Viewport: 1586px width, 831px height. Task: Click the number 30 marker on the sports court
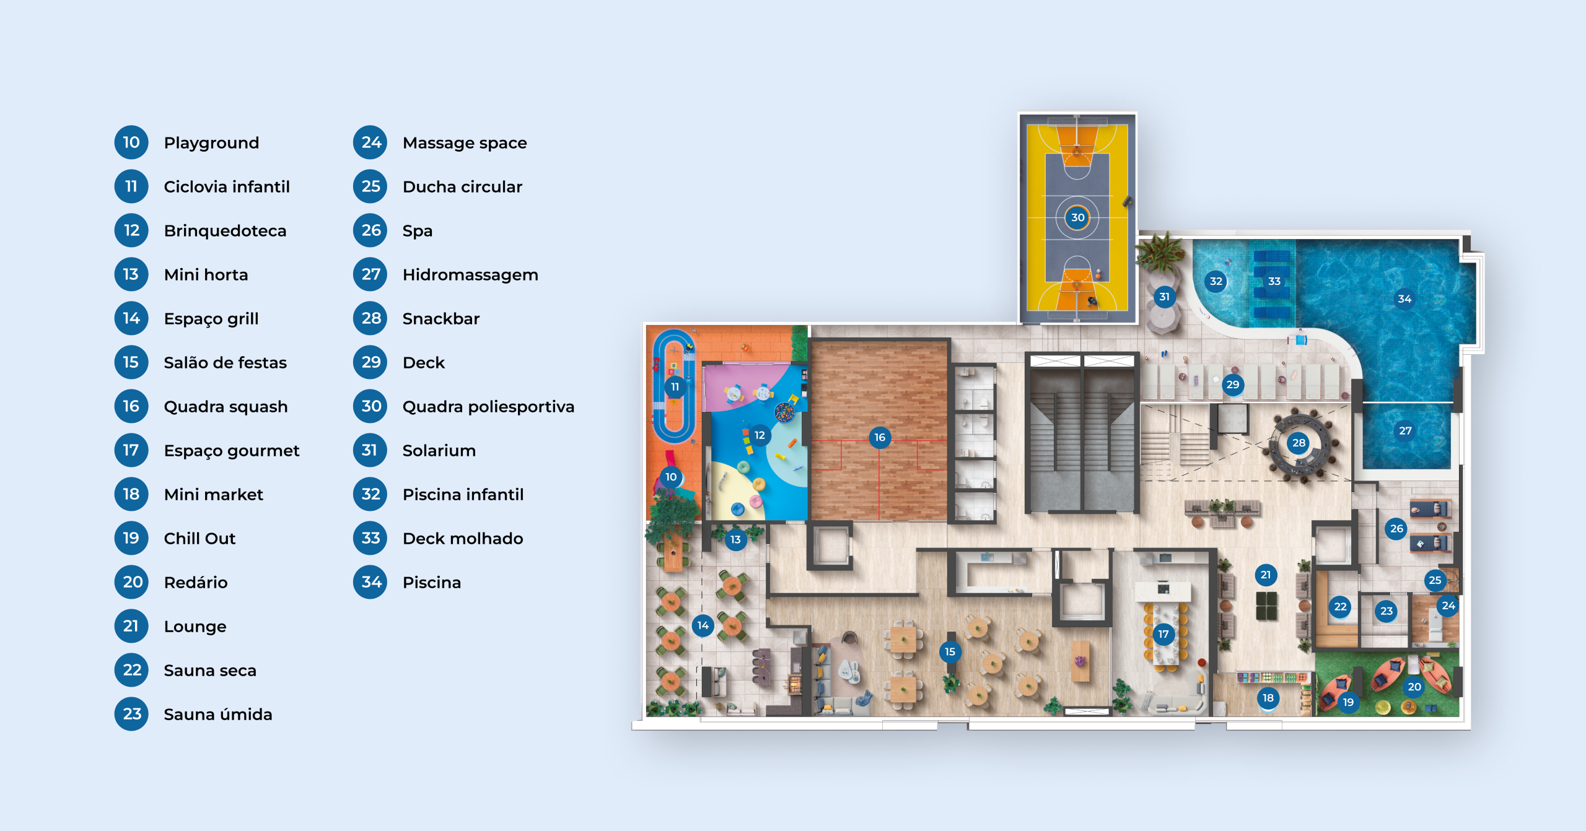click(1077, 217)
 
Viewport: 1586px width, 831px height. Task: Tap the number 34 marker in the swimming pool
click(1404, 299)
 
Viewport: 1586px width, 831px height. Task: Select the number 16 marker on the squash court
click(880, 438)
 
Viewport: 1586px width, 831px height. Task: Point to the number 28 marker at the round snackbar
click(1299, 443)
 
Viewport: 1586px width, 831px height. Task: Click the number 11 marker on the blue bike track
click(675, 387)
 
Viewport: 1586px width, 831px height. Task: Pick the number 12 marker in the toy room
click(760, 435)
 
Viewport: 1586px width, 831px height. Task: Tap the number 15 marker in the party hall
click(950, 651)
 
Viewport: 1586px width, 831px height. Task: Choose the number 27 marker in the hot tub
click(1405, 430)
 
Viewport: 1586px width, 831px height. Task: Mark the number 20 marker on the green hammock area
click(1414, 687)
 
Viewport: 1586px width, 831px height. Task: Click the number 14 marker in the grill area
click(703, 625)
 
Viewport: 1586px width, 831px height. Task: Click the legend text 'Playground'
click(211, 143)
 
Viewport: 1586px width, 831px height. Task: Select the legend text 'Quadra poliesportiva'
click(488, 407)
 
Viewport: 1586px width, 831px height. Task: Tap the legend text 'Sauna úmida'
click(217, 715)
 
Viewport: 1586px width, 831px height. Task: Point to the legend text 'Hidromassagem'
click(470, 275)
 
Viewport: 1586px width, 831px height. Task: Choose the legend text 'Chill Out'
click(199, 539)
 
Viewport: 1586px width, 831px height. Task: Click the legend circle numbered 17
click(131, 450)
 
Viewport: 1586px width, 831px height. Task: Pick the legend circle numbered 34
click(370, 582)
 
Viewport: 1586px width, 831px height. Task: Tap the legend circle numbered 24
click(370, 142)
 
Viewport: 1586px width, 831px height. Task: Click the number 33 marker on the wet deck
click(1274, 281)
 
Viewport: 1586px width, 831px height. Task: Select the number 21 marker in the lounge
click(1266, 575)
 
